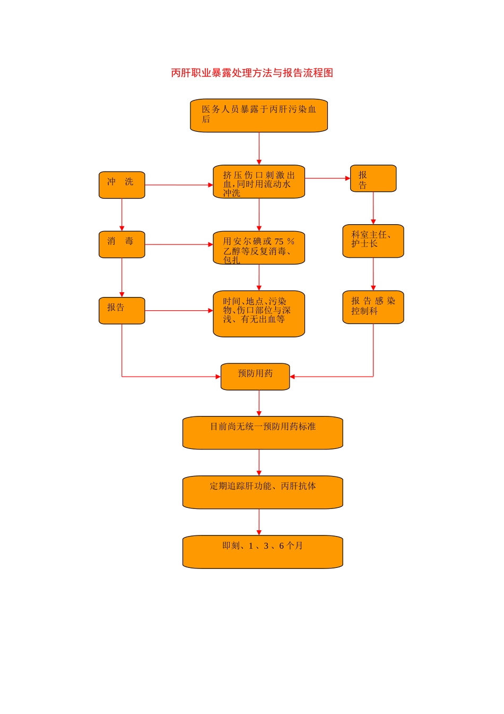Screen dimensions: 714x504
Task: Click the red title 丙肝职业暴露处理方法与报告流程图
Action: [x=252, y=73]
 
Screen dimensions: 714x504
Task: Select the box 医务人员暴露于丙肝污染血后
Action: [x=259, y=115]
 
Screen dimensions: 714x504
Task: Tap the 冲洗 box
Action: [x=121, y=185]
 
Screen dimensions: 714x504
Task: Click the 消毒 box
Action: [x=121, y=244]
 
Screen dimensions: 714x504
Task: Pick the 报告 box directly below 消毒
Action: [x=121, y=310]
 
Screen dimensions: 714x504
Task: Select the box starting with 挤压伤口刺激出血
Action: [x=259, y=182]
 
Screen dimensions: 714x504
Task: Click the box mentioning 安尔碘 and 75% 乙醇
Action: [x=259, y=248]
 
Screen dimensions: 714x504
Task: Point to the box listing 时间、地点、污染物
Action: [x=259, y=313]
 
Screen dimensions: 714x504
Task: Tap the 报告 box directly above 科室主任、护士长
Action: [x=373, y=178]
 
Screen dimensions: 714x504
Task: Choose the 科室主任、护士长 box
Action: [x=373, y=241]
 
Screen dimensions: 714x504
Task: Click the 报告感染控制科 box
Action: [x=373, y=307]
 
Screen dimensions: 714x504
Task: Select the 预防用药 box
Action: [x=255, y=377]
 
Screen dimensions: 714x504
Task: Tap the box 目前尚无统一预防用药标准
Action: [x=263, y=432]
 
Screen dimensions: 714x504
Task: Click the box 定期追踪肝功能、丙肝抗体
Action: [x=263, y=492]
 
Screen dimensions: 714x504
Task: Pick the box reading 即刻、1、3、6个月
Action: [x=263, y=551]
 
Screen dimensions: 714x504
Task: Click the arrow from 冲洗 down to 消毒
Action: [x=122, y=215]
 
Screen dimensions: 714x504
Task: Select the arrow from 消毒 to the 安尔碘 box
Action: [x=179, y=244]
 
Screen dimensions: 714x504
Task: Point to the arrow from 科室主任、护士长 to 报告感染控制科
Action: [x=373, y=274]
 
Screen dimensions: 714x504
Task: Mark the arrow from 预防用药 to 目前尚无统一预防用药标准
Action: [x=259, y=403]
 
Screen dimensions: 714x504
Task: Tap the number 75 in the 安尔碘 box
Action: [x=279, y=241]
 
